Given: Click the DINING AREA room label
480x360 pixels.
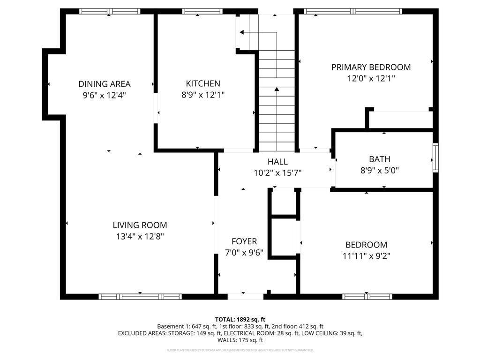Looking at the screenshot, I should (104, 84).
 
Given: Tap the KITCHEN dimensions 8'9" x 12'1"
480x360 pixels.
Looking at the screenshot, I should (203, 95).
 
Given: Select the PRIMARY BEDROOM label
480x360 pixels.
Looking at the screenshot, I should (371, 67).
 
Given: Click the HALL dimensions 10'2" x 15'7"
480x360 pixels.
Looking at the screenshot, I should (277, 172).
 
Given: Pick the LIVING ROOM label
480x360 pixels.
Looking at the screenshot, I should (140, 225).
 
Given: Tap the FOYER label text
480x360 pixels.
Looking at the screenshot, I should (244, 241).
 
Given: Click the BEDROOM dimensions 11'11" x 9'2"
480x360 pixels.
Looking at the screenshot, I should (366, 256).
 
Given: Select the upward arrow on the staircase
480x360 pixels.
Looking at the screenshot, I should (277, 89).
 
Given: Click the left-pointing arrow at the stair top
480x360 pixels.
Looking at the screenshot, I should (242, 32).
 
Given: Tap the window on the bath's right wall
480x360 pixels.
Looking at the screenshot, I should (435, 158).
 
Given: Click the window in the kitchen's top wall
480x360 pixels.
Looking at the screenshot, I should (195, 11).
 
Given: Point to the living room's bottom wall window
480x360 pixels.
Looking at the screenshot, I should (140, 296).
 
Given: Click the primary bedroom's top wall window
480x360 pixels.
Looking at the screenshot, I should (352, 11).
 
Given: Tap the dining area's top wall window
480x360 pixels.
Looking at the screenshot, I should (109, 11).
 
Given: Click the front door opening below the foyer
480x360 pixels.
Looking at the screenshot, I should (245, 296).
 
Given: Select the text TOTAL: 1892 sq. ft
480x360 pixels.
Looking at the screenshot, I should (240, 319).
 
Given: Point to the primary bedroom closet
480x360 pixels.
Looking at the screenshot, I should (400, 119).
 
